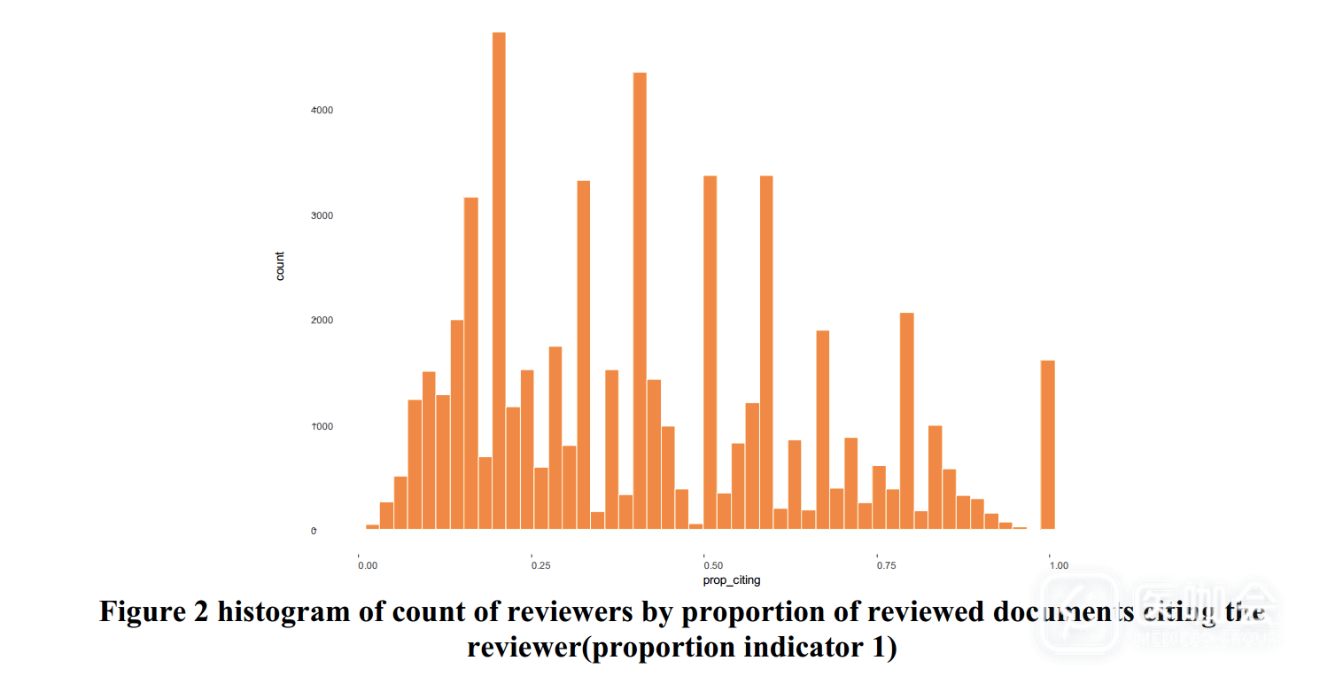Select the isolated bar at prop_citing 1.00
[x=1047, y=444]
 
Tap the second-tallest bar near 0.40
[x=640, y=300]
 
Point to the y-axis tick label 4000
[x=321, y=110]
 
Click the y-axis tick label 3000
[x=321, y=215]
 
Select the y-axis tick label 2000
[x=321, y=321]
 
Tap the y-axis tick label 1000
[x=321, y=426]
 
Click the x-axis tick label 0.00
[x=365, y=564]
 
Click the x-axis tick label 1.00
[x=1057, y=564]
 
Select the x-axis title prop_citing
[x=731, y=580]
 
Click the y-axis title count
[x=280, y=267]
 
